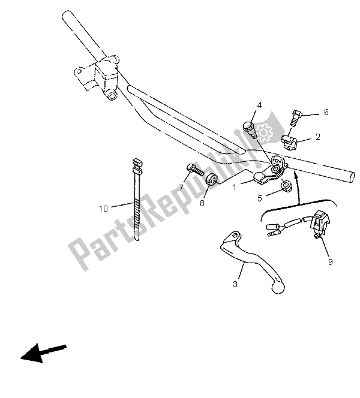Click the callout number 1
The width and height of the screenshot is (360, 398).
(x=236, y=186)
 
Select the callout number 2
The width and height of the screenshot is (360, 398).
(x=318, y=137)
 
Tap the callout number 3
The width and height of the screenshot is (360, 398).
(x=235, y=284)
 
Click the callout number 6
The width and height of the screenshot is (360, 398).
(x=326, y=112)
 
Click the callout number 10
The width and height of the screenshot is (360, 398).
(x=104, y=209)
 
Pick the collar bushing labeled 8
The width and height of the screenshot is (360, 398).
(x=211, y=179)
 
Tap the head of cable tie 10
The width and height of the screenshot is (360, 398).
(x=136, y=162)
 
